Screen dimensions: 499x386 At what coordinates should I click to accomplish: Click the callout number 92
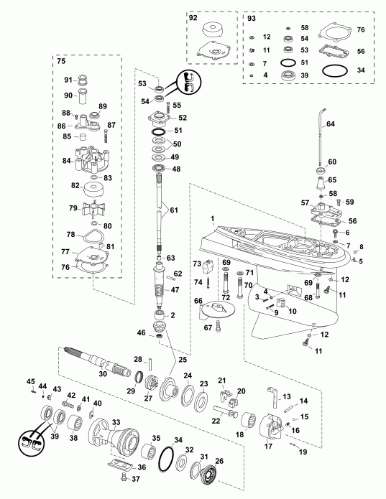[192, 17]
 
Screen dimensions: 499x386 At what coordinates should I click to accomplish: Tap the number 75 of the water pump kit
[62, 62]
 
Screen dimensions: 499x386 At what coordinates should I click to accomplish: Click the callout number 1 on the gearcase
[213, 218]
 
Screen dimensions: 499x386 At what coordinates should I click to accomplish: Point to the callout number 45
[30, 381]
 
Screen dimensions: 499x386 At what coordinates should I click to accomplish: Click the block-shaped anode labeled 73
[210, 267]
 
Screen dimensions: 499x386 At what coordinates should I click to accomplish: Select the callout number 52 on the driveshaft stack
[183, 118]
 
